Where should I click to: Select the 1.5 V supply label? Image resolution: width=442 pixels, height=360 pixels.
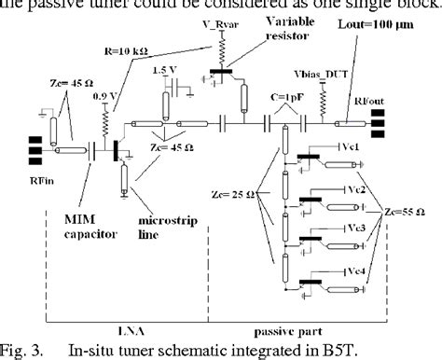162,69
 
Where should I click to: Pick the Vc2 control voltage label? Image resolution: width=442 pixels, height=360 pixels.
356,190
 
